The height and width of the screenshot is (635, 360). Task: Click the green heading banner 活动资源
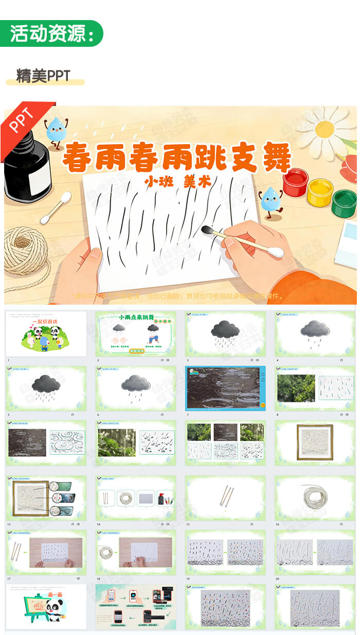pyautogui.click(x=51, y=33)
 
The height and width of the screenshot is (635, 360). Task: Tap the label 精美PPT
pyautogui.click(x=43, y=76)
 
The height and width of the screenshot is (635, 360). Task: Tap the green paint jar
pyautogui.click(x=344, y=203)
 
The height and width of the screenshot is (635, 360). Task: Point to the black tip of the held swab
pyautogui.click(x=208, y=231)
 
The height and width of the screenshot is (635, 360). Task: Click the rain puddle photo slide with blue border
pyautogui.click(x=226, y=388)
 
